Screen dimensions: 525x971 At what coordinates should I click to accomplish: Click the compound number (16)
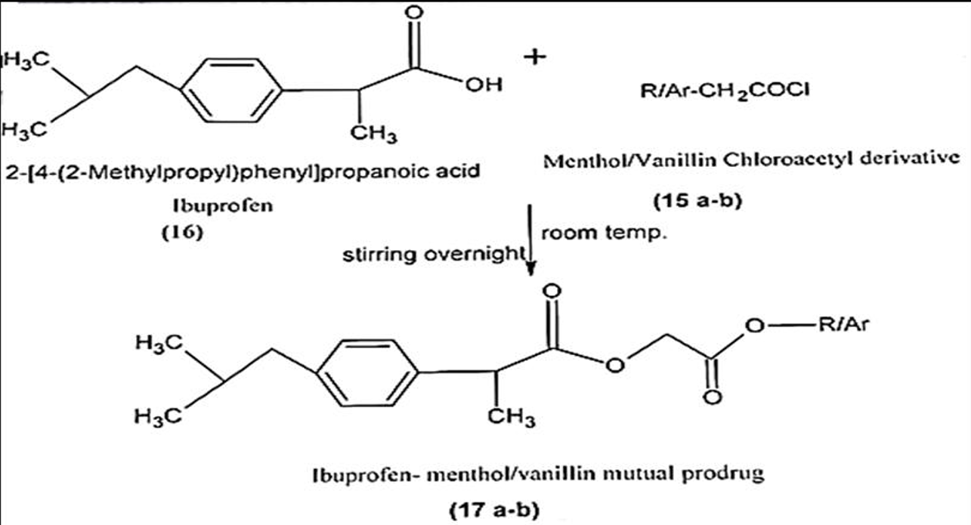[182, 233]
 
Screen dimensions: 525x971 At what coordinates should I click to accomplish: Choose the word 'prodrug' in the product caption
[725, 475]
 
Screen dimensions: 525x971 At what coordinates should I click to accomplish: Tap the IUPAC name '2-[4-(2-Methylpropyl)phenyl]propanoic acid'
[241, 171]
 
